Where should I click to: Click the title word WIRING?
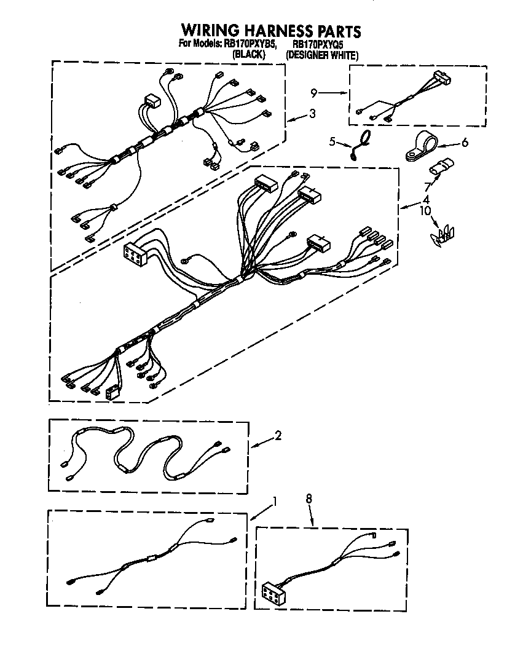click(211, 31)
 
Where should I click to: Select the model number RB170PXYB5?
click(248, 44)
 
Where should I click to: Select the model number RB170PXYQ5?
click(317, 44)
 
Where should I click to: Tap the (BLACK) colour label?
click(248, 55)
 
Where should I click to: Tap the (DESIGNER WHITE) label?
click(322, 55)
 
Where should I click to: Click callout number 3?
click(312, 113)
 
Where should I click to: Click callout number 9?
click(313, 93)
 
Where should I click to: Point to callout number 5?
click(332, 142)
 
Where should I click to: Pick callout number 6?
click(465, 142)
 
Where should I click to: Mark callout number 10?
click(423, 210)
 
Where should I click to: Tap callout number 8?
click(309, 499)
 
